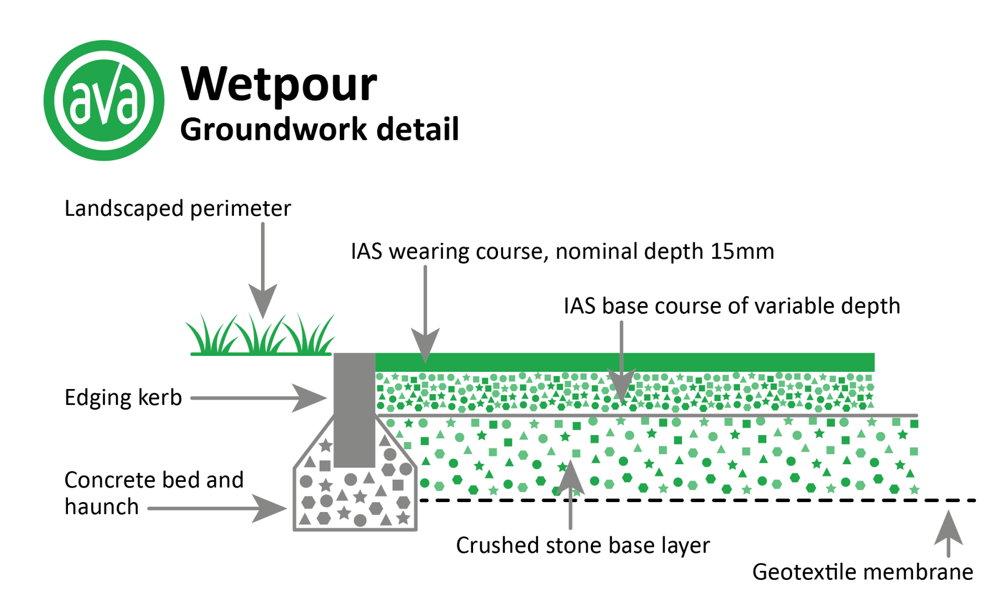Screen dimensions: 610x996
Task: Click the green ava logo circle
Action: (x=104, y=100)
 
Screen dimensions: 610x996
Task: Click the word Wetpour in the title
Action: (x=279, y=84)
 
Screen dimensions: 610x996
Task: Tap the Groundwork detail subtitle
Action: (x=319, y=129)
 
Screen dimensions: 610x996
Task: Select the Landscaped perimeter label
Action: (x=177, y=209)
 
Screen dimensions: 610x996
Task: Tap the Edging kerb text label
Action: (x=123, y=398)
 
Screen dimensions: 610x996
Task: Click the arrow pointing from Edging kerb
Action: (x=259, y=398)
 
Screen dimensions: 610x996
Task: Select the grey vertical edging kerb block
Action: (x=354, y=410)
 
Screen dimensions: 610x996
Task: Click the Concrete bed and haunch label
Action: (x=154, y=493)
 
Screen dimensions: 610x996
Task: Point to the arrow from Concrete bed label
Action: (x=218, y=508)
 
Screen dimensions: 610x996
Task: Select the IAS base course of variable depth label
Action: (x=731, y=306)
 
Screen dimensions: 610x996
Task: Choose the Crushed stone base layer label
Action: (x=583, y=546)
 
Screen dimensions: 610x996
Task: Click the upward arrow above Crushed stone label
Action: (x=570, y=493)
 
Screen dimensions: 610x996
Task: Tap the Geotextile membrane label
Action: (x=862, y=572)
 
